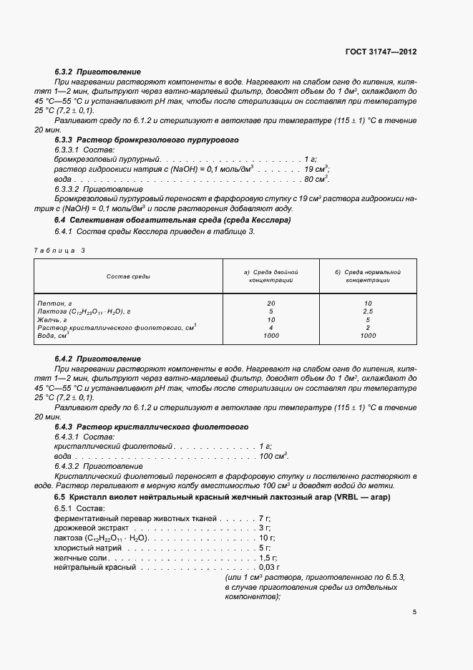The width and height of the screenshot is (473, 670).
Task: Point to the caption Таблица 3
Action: [x=59, y=250]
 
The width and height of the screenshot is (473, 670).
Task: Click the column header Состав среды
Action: [x=128, y=276]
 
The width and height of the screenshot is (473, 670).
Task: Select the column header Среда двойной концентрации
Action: [x=270, y=276]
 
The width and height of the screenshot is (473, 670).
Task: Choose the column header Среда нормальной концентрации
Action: [x=368, y=276]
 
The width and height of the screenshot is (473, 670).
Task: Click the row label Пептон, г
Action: [x=54, y=304]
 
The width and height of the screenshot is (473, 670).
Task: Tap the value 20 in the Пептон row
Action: [x=270, y=304]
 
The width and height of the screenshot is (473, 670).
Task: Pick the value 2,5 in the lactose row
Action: [x=368, y=311]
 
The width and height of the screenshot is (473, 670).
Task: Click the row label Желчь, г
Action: [x=52, y=319]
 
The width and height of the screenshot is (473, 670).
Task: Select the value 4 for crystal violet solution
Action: [x=270, y=327]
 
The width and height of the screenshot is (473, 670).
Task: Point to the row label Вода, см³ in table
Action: [x=53, y=335]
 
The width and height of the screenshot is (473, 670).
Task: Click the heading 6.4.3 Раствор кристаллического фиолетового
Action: [x=151, y=427]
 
